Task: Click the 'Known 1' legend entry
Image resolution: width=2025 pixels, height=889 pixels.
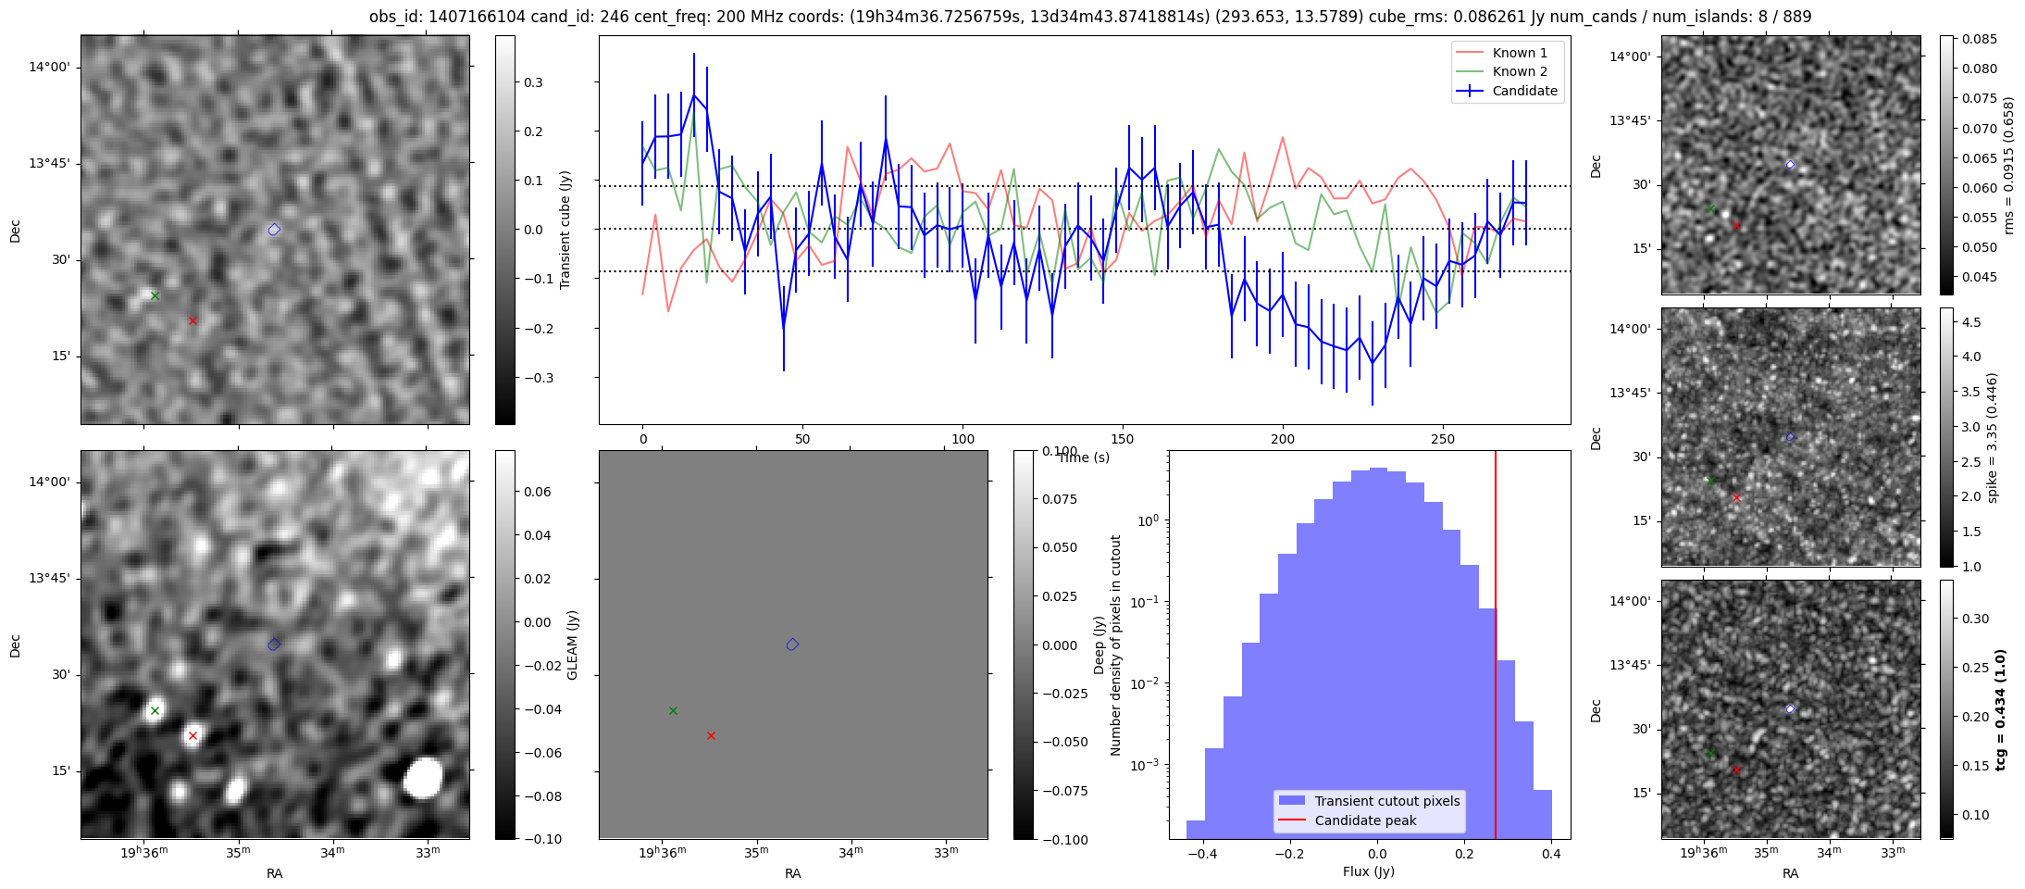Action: tap(1519, 53)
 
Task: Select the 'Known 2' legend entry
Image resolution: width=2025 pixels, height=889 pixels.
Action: tap(1519, 71)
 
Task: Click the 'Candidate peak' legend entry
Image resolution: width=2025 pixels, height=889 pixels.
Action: tap(1365, 820)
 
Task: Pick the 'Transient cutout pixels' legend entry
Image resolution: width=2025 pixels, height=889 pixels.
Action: tap(1386, 801)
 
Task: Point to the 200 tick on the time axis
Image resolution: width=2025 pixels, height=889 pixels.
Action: tap(1283, 439)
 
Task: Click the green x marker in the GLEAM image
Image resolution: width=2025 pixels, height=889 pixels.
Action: tap(155, 711)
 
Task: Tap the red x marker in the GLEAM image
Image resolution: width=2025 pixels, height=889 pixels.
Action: tap(193, 736)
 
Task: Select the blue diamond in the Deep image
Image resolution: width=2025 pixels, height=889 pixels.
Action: tap(792, 645)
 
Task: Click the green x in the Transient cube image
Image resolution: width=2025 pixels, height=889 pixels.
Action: tap(155, 296)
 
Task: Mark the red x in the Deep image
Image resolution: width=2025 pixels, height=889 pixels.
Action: tap(711, 736)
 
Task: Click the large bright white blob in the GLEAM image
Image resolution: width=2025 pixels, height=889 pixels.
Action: tap(424, 778)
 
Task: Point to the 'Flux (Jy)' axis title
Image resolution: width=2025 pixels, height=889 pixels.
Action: tap(1368, 871)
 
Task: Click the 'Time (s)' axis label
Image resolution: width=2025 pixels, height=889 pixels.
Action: tap(1084, 457)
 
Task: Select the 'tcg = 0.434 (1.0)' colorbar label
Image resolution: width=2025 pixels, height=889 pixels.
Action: tap(2001, 710)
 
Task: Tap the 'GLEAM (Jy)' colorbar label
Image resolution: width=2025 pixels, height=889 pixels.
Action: tap(572, 645)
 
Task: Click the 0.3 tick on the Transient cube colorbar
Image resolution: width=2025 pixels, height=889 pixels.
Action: tap(533, 82)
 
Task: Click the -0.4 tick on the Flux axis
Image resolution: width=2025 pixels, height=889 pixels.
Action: tap(1202, 854)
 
